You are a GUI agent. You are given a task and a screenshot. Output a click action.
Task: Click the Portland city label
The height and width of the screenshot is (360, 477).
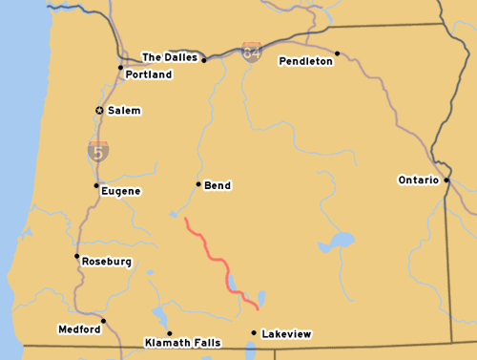[x=149, y=74]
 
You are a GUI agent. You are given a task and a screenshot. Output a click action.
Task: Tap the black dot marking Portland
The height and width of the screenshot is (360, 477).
[x=120, y=67]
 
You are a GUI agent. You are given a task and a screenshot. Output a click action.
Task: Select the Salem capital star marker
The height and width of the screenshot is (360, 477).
[x=99, y=111]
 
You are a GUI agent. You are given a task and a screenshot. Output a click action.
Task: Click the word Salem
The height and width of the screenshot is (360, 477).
[x=124, y=111]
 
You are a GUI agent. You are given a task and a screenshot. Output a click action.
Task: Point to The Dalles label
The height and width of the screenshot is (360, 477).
[x=170, y=57]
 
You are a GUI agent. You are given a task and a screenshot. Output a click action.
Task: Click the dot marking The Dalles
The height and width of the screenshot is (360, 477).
[x=204, y=59]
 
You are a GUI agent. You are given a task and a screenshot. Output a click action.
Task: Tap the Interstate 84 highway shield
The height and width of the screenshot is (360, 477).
[x=252, y=52]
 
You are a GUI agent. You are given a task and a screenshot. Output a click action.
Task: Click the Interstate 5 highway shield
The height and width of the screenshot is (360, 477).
[x=98, y=150]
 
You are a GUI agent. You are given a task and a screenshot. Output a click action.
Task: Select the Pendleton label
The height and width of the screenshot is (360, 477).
[x=305, y=61]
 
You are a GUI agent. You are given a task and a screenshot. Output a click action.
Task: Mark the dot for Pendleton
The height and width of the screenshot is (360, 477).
[x=338, y=53]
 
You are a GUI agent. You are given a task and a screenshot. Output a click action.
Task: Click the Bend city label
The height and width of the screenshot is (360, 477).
[x=218, y=185]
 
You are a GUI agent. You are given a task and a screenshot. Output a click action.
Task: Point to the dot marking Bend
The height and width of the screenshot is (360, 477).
[x=198, y=184]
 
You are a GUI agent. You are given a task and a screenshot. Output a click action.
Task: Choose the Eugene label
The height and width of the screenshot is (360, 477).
[x=121, y=191]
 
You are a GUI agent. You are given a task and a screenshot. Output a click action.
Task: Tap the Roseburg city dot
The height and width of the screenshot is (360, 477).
[x=76, y=256]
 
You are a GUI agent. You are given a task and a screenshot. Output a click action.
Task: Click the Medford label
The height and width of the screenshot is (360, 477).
[x=79, y=329]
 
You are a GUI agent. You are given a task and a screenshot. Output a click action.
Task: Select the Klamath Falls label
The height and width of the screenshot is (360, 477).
[x=182, y=342]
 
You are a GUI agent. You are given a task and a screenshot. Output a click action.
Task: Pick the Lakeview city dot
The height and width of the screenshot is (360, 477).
[x=253, y=333]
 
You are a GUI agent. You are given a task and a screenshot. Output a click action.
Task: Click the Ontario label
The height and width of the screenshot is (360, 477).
[x=418, y=180]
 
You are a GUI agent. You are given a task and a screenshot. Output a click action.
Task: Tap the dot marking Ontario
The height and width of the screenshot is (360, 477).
[x=446, y=179]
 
